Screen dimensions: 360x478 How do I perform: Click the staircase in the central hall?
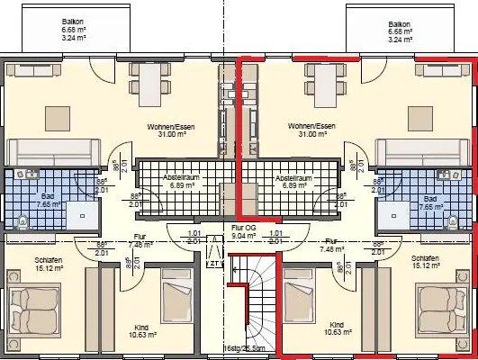pos(257,306)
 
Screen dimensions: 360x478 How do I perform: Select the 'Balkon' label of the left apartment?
pos(73,22)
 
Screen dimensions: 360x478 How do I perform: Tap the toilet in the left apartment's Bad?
pos(20,218)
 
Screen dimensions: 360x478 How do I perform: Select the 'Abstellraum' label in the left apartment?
pos(178,178)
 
